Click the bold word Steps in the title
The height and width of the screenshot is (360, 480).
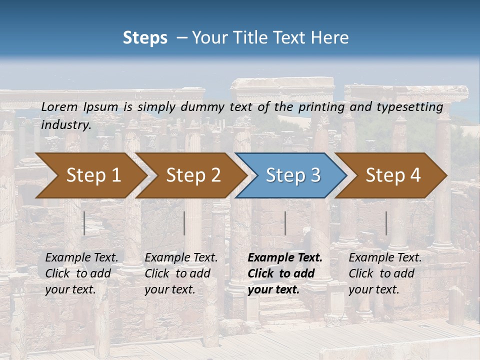145,38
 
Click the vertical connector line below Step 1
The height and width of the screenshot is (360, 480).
84,223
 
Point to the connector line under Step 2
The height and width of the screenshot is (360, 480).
184,223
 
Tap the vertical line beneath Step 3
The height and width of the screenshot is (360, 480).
285,223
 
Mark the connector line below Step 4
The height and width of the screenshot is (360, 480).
386,223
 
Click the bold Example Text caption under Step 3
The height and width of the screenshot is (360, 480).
285,273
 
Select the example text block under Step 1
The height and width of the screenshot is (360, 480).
81,273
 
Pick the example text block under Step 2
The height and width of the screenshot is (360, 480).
181,273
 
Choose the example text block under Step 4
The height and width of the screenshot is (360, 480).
385,273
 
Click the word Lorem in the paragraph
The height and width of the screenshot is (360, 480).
59,106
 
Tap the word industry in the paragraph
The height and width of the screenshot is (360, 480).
66,124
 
